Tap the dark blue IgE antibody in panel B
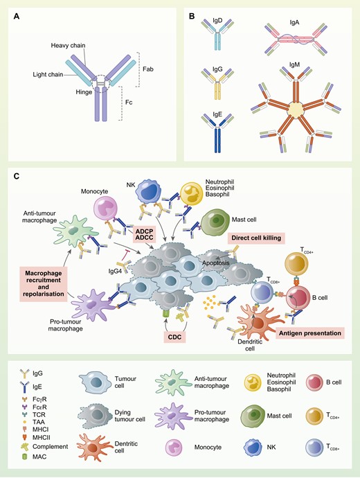click(220, 132)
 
